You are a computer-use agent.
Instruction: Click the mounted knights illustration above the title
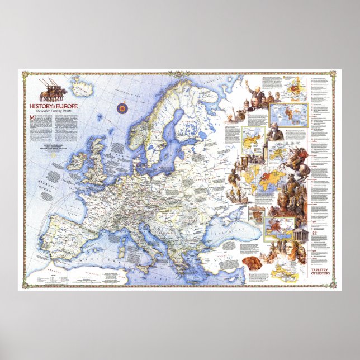[52, 88]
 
